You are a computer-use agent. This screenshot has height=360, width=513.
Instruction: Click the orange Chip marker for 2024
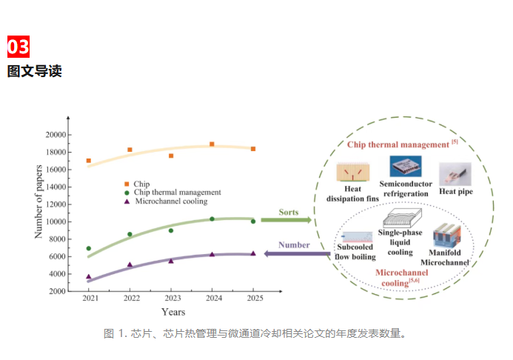212,144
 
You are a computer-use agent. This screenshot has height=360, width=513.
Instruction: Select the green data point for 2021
89,248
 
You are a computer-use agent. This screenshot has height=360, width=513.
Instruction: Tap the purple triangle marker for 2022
130,264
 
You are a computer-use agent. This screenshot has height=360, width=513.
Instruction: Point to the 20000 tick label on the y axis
56,135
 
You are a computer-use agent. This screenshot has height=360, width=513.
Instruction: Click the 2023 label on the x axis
172,298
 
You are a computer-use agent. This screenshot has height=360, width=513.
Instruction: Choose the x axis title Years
173,312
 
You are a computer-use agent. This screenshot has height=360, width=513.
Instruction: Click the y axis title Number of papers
38,201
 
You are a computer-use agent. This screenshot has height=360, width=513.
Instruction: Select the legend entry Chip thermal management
172,193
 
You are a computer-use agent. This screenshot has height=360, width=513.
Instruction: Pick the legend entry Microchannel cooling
166,201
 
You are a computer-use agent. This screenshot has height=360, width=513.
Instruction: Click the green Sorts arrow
286,220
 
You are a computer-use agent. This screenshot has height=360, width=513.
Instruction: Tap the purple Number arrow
297,253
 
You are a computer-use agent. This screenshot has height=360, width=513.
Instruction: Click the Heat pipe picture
455,174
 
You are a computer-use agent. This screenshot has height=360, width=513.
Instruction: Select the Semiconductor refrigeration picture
406,166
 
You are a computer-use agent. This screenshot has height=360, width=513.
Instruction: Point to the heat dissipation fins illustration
353,172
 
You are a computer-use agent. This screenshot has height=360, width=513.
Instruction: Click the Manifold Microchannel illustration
446,235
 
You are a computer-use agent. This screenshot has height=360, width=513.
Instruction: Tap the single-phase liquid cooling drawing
403,218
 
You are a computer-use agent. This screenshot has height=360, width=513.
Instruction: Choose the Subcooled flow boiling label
355,252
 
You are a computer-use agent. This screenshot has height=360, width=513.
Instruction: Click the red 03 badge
19,47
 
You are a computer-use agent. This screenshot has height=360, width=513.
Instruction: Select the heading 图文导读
35,71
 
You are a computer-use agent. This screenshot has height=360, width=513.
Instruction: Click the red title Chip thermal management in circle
398,144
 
